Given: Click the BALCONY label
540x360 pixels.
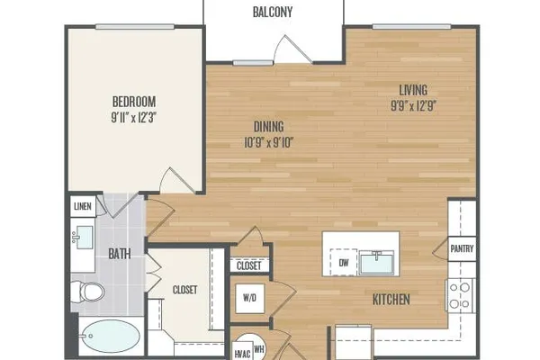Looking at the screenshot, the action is coord(273,12).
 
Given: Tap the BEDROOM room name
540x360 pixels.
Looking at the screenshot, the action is coord(134,102).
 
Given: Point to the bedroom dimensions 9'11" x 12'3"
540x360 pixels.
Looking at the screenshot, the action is coord(134,118).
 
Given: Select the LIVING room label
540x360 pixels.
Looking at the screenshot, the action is coord(413,90).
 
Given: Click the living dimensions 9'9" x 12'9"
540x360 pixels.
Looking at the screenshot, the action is coord(414,105).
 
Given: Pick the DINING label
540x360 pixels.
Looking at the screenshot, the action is coord(268,126).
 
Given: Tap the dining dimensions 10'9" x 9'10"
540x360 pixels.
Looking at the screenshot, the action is coord(268,142).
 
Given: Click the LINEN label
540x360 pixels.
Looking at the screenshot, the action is coord(83,206).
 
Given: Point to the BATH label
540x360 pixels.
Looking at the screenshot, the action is coord(120,254).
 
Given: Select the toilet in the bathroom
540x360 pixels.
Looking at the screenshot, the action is coord(87,292).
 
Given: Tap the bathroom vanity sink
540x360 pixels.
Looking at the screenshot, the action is coord(84,238).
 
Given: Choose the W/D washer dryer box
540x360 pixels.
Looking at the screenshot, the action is coord(249,298).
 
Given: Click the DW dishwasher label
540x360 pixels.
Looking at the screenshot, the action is coord(344,263).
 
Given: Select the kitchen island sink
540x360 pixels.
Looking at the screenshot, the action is coord(376,263).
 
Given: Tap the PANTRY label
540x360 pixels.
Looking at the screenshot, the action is coord(462,248).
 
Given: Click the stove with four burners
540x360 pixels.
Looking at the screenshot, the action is coord(460,295).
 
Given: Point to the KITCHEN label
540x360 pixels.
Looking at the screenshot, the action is coord(391,300).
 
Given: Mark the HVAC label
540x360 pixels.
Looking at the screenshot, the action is coord(242,354).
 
